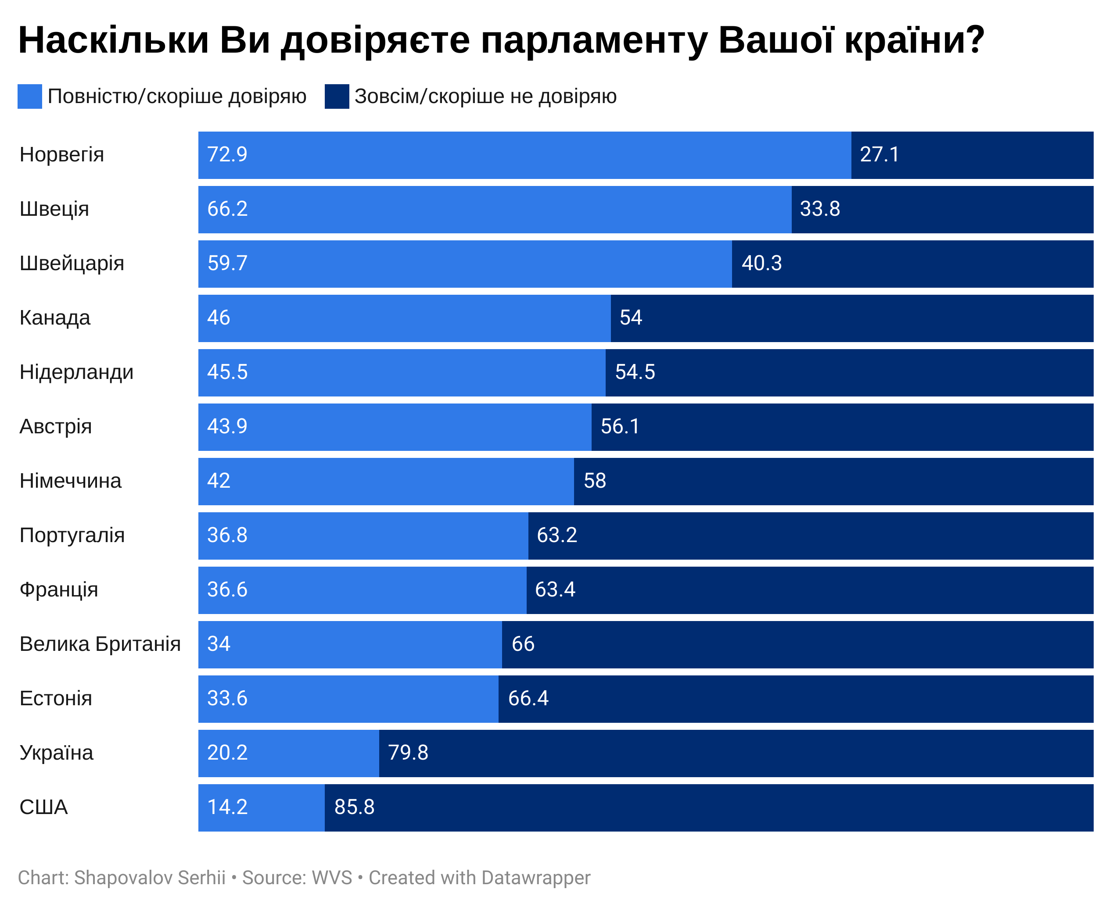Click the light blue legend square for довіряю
(29, 96)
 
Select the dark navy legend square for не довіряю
(336, 96)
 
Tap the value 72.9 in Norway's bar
(227, 155)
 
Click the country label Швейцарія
(72, 263)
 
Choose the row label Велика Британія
(100, 644)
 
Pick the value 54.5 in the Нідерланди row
(634, 372)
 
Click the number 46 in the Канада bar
(218, 318)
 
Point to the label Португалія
(72, 536)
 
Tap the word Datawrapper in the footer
(535, 878)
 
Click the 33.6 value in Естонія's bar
(227, 699)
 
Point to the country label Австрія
(55, 426)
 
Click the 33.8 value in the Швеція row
(819, 209)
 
